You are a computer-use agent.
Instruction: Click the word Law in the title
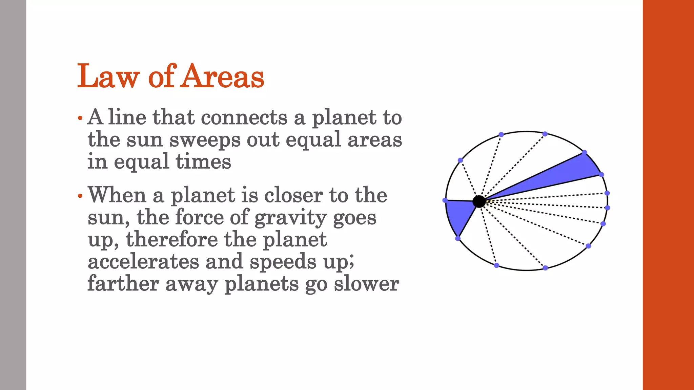pos(108,77)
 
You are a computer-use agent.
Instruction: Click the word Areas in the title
pos(223,77)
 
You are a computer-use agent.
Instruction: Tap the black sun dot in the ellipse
pos(479,201)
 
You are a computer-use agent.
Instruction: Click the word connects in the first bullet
pos(244,118)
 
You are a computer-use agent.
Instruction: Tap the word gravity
pos(290,218)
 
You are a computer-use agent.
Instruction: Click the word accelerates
pos(143,262)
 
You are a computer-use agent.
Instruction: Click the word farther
pos(123,284)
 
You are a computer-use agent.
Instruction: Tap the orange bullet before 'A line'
pos(80,118)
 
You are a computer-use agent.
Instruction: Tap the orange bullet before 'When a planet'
pos(80,196)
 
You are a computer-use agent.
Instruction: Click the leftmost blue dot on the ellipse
pos(445,200)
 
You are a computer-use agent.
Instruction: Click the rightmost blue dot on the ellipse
pos(607,208)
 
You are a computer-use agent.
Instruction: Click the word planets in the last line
pos(262,284)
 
